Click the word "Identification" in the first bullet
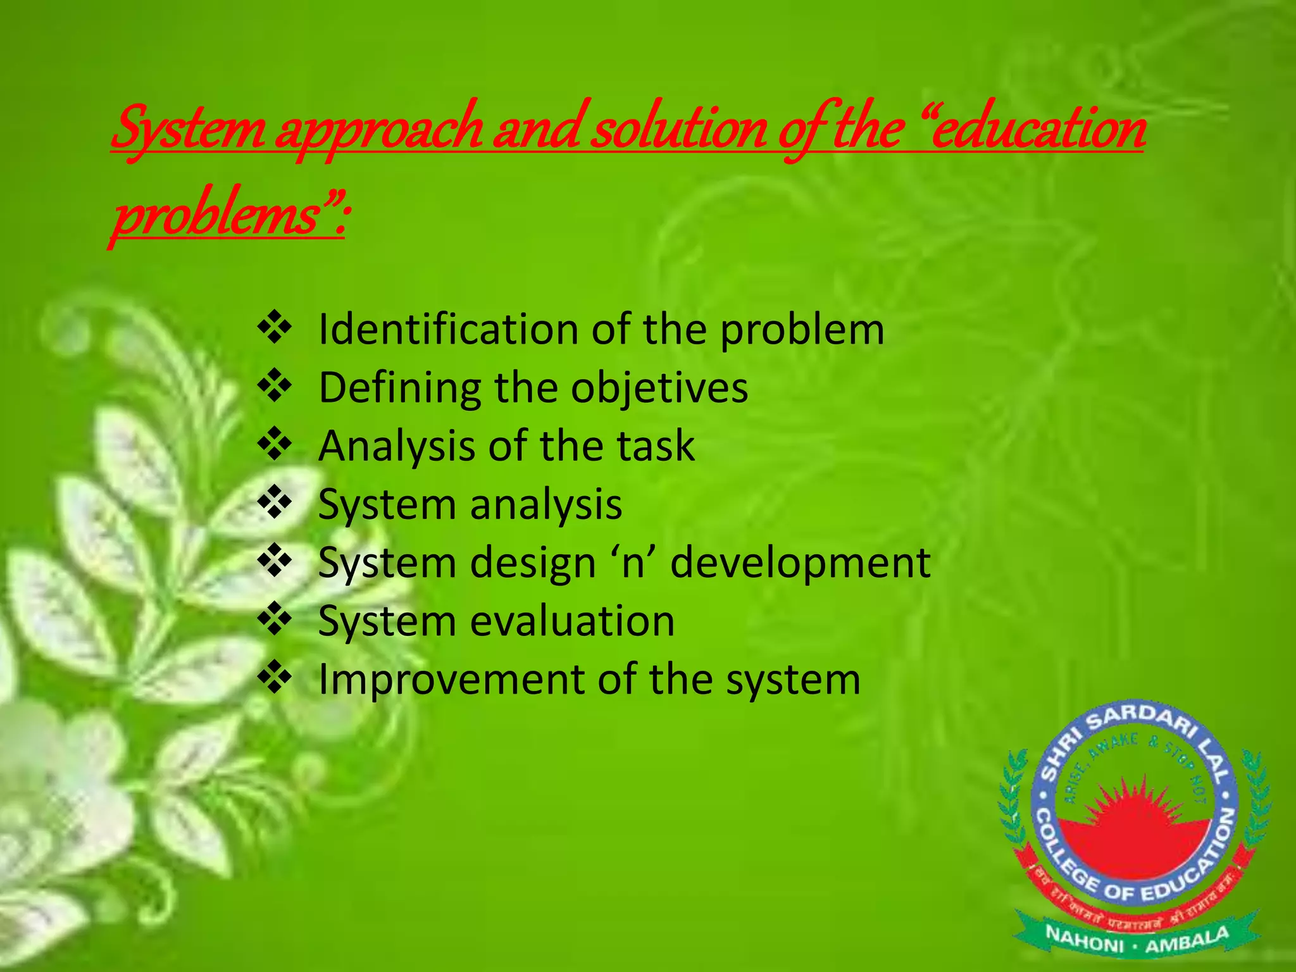click(448, 330)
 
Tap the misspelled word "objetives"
click(659, 388)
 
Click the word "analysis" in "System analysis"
click(545, 506)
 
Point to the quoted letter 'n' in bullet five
click(633, 563)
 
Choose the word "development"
click(800, 563)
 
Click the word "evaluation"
click(573, 621)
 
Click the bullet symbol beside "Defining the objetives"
click(274, 387)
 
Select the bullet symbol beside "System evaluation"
click(274, 620)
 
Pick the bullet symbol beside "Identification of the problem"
click(274, 328)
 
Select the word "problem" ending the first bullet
click(802, 331)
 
